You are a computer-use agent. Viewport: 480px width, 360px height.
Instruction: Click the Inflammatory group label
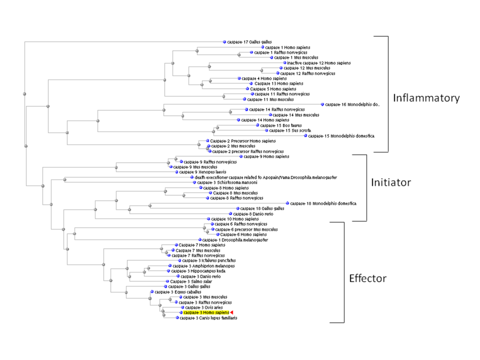pos(426,98)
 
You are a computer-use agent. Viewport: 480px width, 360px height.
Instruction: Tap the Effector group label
pos(368,278)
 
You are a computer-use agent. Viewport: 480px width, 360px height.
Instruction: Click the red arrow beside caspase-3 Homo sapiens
pos(232,313)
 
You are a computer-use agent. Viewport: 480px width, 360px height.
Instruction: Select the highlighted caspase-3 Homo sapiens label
pos(206,313)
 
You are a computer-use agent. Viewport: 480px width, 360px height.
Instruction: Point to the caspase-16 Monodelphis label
pos(353,104)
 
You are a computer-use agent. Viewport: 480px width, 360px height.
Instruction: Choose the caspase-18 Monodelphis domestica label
pos(324,203)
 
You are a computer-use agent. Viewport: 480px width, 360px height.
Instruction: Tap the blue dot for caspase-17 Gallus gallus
pos(224,42)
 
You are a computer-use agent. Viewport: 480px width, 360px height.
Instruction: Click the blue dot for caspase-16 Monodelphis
pos(322,104)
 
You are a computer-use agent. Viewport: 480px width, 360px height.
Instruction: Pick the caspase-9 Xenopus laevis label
pos(198,172)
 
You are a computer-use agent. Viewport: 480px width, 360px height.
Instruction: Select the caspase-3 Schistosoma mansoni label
pos(221,183)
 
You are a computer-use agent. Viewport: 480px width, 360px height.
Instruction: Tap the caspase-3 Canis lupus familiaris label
pos(208,318)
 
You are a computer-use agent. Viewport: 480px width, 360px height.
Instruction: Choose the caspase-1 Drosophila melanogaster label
pos(228,240)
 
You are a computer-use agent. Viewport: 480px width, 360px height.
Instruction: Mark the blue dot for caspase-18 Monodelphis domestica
pos(287,203)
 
